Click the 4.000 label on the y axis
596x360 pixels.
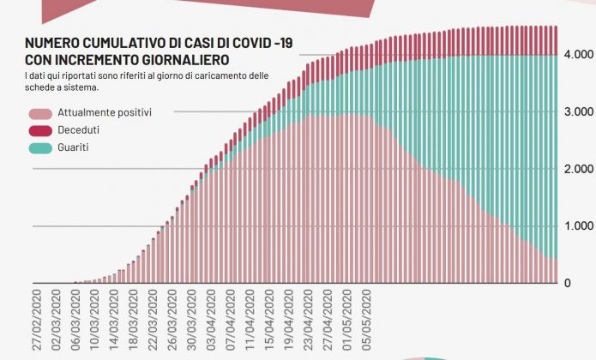[x=576, y=55]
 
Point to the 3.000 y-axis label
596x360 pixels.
[x=576, y=112]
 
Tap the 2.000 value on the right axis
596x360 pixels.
[x=576, y=170]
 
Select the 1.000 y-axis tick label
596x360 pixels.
[x=576, y=226]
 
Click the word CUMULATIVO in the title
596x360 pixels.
[x=123, y=45]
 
